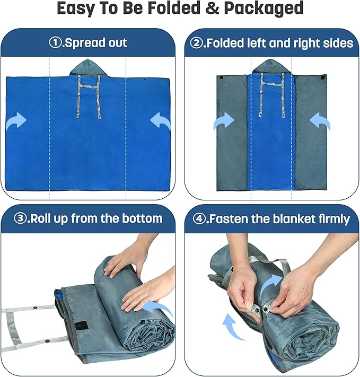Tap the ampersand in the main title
(x=213, y=8)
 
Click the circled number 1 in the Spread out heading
(x=55, y=43)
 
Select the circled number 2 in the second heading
(x=196, y=43)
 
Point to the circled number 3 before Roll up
(x=20, y=218)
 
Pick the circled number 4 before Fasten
(x=199, y=219)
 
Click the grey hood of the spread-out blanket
(x=88, y=68)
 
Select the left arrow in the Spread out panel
(x=16, y=121)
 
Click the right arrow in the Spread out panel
(x=160, y=121)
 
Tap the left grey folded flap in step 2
(x=232, y=133)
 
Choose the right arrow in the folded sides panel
(x=320, y=121)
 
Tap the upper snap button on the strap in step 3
(x=36, y=308)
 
